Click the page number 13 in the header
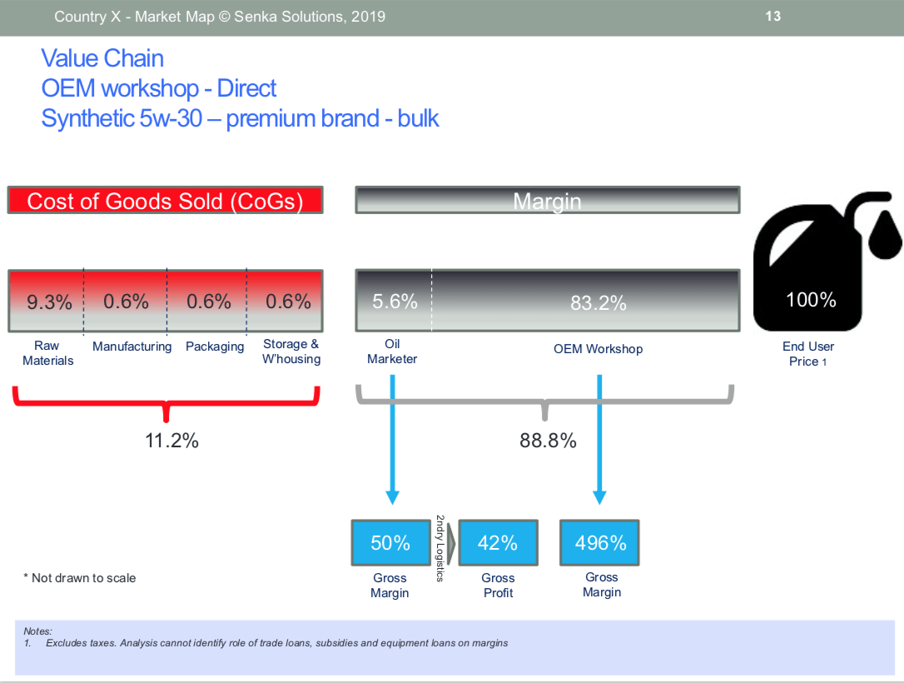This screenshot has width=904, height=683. coord(772,16)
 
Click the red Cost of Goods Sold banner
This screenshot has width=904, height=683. coord(165,200)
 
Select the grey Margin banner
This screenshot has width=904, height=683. coord(547,200)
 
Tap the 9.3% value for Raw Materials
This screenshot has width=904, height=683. coord(50,302)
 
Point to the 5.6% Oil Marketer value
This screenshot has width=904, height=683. coord(395,302)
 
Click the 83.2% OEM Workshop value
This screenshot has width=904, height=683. coord(598,303)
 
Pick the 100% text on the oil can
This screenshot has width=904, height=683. coord(811,299)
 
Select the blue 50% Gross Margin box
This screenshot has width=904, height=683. coord(391,543)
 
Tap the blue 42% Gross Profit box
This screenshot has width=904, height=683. coord(498,543)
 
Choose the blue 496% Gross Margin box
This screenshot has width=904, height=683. coord(599,543)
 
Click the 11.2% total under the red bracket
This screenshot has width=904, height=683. coord(171,441)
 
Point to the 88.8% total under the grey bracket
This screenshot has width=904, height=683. coord(548,441)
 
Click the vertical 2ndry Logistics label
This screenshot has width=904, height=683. coord(440,548)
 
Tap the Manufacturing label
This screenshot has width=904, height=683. coord(132,346)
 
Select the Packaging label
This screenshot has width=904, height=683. coord(215,346)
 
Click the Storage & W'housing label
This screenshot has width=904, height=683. coord(291,351)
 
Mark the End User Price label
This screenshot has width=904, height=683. coord(807,354)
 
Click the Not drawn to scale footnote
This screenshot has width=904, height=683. coord(80,578)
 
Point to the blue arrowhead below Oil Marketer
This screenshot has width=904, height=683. coord(393,498)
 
